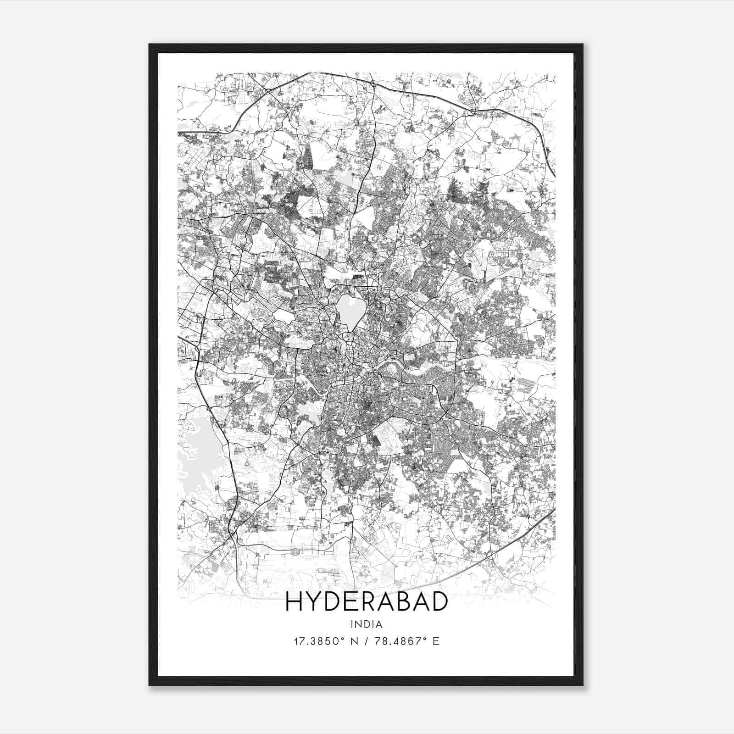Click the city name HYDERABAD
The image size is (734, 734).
[x=366, y=602]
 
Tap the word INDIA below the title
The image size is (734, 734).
[x=366, y=624]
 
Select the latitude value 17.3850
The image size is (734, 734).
[x=314, y=641]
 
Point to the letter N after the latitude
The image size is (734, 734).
[x=354, y=641]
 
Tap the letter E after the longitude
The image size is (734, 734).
[x=435, y=641]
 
